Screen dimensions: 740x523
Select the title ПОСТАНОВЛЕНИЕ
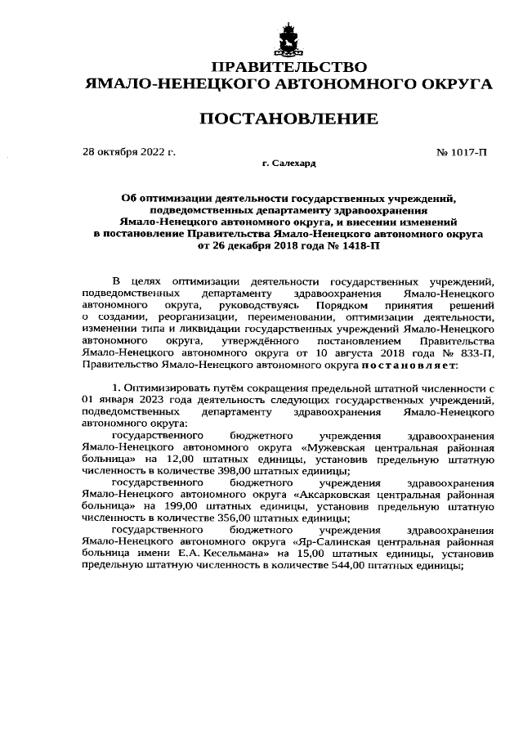pyautogui.click(x=289, y=119)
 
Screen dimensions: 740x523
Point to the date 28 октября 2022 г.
pyautogui.click(x=130, y=152)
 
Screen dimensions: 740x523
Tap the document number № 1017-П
pyautogui.click(x=463, y=152)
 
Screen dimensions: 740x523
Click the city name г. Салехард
pyautogui.click(x=289, y=164)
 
